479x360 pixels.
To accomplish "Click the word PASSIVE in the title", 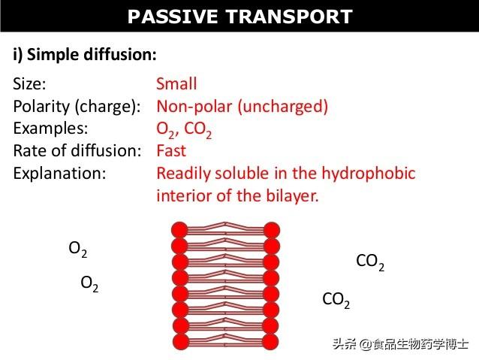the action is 173,17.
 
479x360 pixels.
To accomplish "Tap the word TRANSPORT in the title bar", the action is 289,17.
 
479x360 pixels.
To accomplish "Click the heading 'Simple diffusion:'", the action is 92,55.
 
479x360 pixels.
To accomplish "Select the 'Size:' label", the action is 29,83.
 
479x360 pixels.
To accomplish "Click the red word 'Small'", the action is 176,83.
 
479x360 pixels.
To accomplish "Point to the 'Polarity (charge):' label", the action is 77,107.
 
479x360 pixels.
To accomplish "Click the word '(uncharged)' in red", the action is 283,107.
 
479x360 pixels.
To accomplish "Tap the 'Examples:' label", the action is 50,129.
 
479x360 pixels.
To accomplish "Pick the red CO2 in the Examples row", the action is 198,130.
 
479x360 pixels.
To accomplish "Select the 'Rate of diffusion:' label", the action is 77,150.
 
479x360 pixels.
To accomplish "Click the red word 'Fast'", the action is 171,150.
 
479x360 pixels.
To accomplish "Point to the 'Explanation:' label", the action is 59,174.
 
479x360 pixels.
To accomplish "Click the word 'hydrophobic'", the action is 369,174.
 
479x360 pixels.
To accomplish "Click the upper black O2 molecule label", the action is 78,249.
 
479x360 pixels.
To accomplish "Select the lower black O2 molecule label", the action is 89,284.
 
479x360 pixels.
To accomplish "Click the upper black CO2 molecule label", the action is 370,262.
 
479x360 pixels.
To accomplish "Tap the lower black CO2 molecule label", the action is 336,300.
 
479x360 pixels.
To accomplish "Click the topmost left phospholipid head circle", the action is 179,230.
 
